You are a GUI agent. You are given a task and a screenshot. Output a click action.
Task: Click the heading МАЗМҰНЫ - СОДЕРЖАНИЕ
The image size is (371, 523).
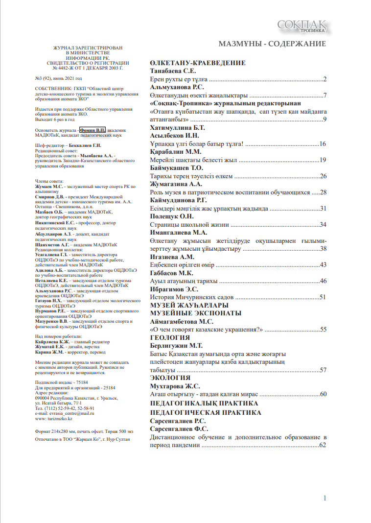[272, 44]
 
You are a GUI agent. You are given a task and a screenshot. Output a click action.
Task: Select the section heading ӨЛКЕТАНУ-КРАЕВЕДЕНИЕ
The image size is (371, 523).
[197, 63]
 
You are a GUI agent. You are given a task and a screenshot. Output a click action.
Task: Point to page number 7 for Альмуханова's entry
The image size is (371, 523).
[325, 95]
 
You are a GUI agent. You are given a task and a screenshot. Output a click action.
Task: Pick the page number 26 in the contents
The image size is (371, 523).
[323, 176]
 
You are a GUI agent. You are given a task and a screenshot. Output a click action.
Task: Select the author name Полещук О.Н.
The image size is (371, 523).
[171, 216]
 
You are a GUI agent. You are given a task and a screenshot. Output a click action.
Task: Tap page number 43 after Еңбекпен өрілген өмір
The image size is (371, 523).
[323, 264]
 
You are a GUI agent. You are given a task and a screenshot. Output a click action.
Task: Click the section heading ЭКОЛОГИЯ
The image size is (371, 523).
[170, 378]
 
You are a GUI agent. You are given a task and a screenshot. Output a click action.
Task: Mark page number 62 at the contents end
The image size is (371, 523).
[322, 446]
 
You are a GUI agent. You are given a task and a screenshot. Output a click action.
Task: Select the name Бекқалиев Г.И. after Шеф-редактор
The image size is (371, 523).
[84, 146]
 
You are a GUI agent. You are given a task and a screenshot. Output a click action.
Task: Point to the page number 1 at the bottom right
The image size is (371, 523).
[325, 498]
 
